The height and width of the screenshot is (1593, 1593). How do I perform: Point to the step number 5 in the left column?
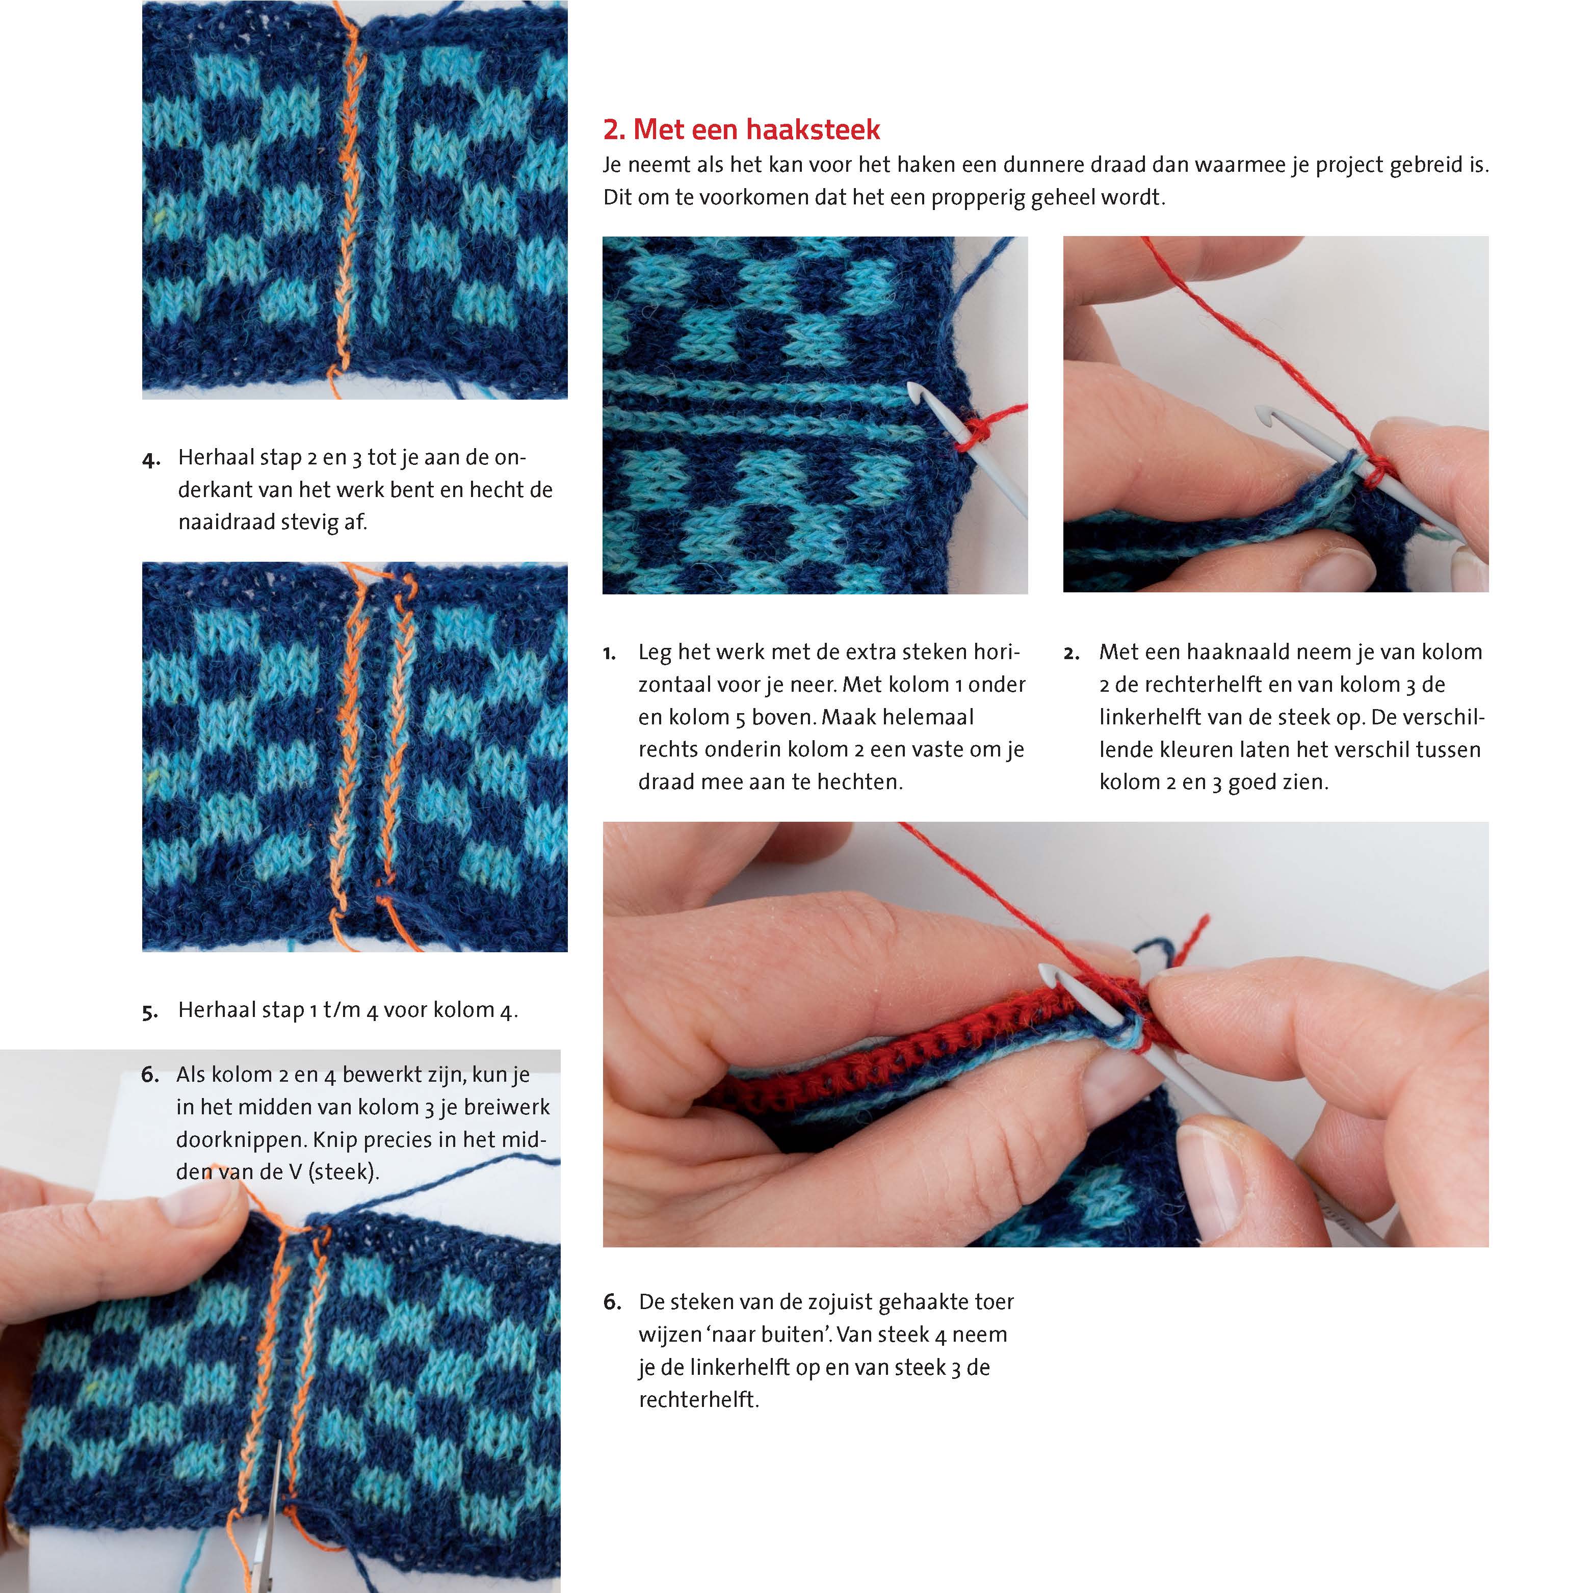(x=150, y=1012)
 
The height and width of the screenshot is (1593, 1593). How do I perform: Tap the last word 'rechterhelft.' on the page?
(x=698, y=1399)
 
